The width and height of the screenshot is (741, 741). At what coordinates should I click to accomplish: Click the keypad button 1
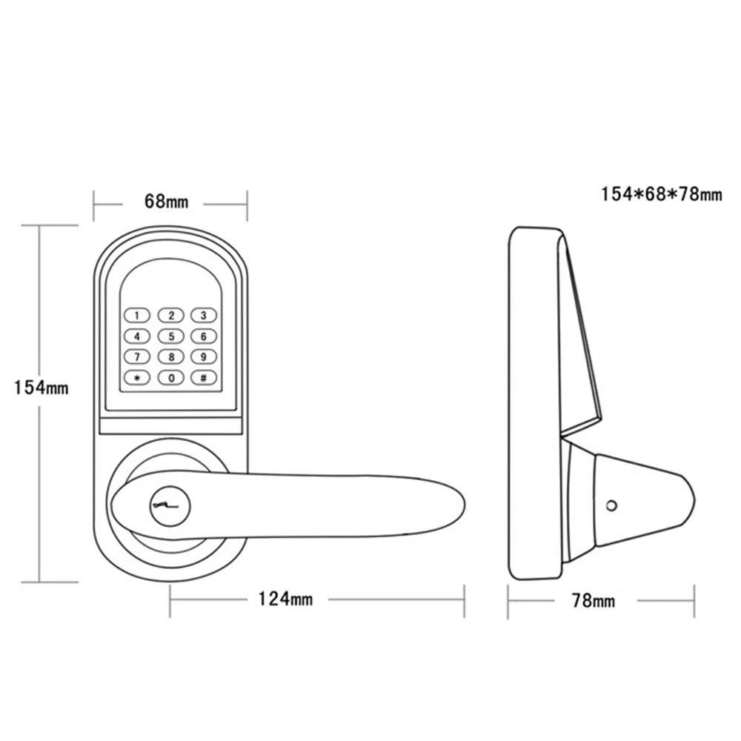coord(137,315)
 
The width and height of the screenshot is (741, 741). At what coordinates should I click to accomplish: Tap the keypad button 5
coord(170,336)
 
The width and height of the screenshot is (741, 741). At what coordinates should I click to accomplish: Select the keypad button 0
coord(170,378)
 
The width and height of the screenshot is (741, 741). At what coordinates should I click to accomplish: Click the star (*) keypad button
coord(137,378)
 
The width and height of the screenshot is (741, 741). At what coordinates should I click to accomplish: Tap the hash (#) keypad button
coord(204,378)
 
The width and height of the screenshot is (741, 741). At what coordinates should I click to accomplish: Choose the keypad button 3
coord(204,315)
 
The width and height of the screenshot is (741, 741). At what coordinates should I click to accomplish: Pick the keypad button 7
coord(137,357)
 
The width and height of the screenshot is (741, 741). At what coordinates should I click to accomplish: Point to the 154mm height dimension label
coord(41,388)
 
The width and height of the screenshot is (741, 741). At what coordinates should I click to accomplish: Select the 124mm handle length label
coord(285,599)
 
